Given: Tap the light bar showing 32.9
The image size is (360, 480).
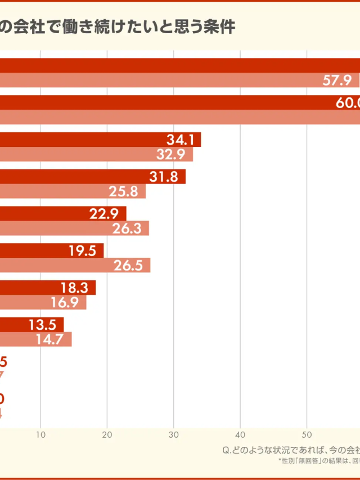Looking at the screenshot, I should pyautogui.click(x=96, y=154).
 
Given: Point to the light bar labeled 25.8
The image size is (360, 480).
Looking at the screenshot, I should pyautogui.click(x=73, y=191).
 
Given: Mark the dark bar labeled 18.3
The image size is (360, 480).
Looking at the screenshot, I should pyautogui.click(x=48, y=288).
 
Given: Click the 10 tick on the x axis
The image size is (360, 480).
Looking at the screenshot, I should pyautogui.click(x=40, y=434).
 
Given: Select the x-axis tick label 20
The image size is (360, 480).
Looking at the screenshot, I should pyautogui.click(x=107, y=434).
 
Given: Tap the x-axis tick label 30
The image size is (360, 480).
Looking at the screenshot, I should pyautogui.click(x=173, y=434).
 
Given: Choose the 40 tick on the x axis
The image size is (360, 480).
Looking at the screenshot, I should pyautogui.click(x=240, y=434).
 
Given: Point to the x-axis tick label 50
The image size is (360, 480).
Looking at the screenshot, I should pyautogui.click(x=307, y=434).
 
